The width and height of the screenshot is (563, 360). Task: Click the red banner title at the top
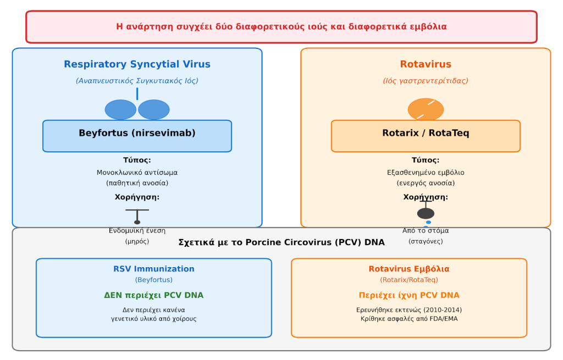pyautogui.click(x=281, y=27)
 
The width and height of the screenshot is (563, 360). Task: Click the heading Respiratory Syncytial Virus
pyautogui.click(x=137, y=64)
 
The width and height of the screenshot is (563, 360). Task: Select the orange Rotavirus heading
pyautogui.click(x=426, y=64)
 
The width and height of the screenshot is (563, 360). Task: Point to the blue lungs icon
pyautogui.click(x=137, y=108)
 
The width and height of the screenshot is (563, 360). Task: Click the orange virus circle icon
pyautogui.click(x=426, y=109)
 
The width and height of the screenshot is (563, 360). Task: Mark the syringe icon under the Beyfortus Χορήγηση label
pyautogui.click(x=137, y=215)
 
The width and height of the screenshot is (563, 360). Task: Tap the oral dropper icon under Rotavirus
pyautogui.click(x=426, y=214)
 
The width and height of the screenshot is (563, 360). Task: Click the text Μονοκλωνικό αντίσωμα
pyautogui.click(x=137, y=173)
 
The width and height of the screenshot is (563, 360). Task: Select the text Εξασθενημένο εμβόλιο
pyautogui.click(x=426, y=173)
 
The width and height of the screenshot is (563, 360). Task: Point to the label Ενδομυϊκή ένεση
pyautogui.click(x=137, y=231)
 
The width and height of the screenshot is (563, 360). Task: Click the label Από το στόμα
pyautogui.click(x=426, y=231)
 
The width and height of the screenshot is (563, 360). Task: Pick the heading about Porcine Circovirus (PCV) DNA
pyautogui.click(x=281, y=242)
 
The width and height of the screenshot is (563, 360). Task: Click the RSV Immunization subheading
pyautogui.click(x=154, y=269)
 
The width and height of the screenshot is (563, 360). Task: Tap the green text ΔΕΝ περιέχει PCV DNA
pyautogui.click(x=154, y=296)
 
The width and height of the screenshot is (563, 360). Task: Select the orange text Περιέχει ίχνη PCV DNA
pyautogui.click(x=409, y=296)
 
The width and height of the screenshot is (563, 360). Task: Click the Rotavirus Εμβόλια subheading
pyautogui.click(x=409, y=269)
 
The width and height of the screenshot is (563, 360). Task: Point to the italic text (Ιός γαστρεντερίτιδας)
pyautogui.click(x=426, y=81)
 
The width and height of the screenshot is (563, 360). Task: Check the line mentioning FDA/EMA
pyautogui.click(x=409, y=319)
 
